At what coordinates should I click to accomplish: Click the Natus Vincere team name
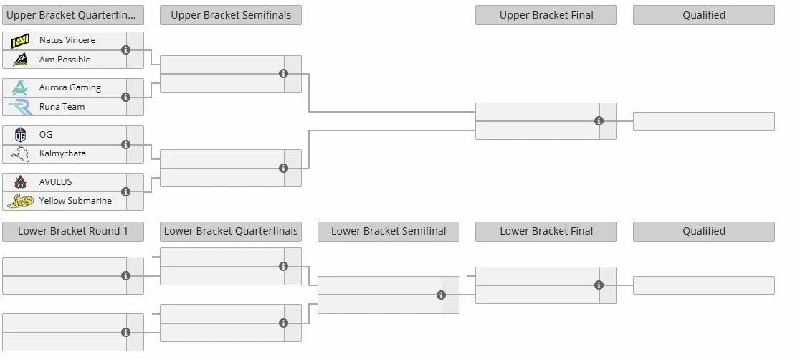point(67,40)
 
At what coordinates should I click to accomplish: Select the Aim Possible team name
point(65,60)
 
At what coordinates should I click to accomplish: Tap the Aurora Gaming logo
point(20,87)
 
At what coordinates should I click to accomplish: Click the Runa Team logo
point(20,107)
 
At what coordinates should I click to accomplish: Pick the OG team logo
point(20,135)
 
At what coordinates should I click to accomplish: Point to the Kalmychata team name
point(62,153)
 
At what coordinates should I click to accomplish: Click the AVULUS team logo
point(20,181)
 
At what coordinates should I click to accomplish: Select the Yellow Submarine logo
point(20,201)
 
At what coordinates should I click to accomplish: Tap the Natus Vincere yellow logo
point(20,40)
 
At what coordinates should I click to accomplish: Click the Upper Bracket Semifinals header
point(231,15)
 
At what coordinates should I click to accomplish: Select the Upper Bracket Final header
point(546,15)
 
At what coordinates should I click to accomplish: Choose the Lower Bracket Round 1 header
point(73,231)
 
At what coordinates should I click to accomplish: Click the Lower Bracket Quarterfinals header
point(231,231)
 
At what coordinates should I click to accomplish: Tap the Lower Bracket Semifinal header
point(389,231)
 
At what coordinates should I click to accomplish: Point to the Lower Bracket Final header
point(546,231)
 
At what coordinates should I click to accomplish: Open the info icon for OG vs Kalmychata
point(125,145)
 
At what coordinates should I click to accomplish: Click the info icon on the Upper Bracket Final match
point(599,121)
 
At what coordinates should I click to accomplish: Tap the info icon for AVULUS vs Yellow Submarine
point(125,191)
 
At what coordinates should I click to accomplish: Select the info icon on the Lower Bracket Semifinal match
point(442,295)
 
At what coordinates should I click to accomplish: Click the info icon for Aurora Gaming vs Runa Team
point(125,97)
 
